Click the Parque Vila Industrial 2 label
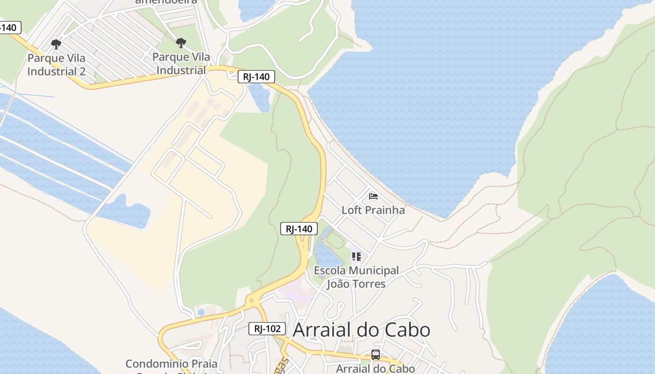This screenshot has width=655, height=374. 56,65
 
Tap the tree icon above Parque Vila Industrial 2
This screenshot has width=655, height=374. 56,44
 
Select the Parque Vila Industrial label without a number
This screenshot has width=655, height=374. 181,64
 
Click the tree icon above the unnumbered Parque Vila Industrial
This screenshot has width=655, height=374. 181,43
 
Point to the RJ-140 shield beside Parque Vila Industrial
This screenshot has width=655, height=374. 256,77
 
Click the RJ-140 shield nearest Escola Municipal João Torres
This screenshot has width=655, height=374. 299,229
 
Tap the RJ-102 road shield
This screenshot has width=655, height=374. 267,329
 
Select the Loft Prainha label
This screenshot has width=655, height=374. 373,210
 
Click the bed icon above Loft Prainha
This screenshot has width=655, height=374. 373,196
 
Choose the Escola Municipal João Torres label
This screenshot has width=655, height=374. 356,277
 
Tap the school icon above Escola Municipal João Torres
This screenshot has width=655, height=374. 357,256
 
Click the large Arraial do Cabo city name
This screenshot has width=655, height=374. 361,330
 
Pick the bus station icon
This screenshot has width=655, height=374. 375,354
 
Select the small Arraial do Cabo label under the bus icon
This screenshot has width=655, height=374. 375,368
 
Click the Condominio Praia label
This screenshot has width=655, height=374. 171,364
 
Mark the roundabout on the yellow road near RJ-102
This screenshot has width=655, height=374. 252,301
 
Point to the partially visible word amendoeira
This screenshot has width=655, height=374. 166,2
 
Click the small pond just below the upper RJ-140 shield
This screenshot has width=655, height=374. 260,97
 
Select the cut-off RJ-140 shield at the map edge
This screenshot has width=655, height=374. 9,28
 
